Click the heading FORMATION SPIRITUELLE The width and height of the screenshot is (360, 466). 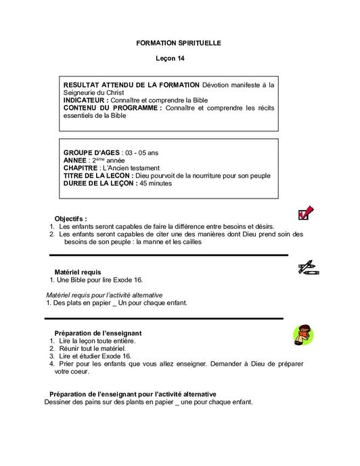[179, 43]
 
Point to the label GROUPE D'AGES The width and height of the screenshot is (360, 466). [91, 152]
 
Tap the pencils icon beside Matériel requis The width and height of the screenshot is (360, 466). [309, 268]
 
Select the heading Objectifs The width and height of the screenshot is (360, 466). [70, 219]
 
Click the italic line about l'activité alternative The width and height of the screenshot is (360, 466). [114, 296]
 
